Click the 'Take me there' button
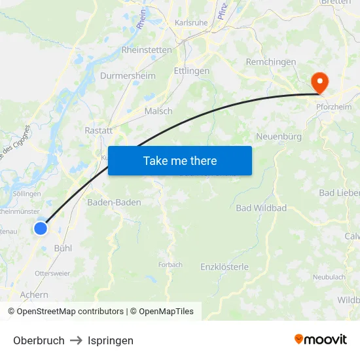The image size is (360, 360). [x=180, y=160]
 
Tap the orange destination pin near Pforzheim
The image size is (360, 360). [x=320, y=83]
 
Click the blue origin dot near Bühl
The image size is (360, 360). [x=41, y=228]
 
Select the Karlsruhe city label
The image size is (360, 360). [x=190, y=22]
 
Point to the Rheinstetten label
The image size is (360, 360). [x=147, y=50]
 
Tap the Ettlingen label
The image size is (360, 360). [x=192, y=71]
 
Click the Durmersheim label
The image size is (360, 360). [x=128, y=76]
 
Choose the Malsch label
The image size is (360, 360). [x=158, y=111]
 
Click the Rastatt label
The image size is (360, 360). [x=99, y=130]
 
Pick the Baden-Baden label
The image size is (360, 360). [x=114, y=202]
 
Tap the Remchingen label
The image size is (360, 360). [x=271, y=62]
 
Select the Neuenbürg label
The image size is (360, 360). [x=279, y=136]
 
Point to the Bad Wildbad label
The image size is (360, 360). [x=261, y=208]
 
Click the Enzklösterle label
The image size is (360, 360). [x=225, y=267]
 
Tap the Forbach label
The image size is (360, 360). [x=170, y=264]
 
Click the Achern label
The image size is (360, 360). [x=34, y=295]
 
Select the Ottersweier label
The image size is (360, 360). [x=52, y=273]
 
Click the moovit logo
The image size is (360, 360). [x=321, y=340]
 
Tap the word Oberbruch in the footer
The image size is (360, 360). [x=39, y=340]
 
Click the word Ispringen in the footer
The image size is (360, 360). [x=111, y=340]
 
